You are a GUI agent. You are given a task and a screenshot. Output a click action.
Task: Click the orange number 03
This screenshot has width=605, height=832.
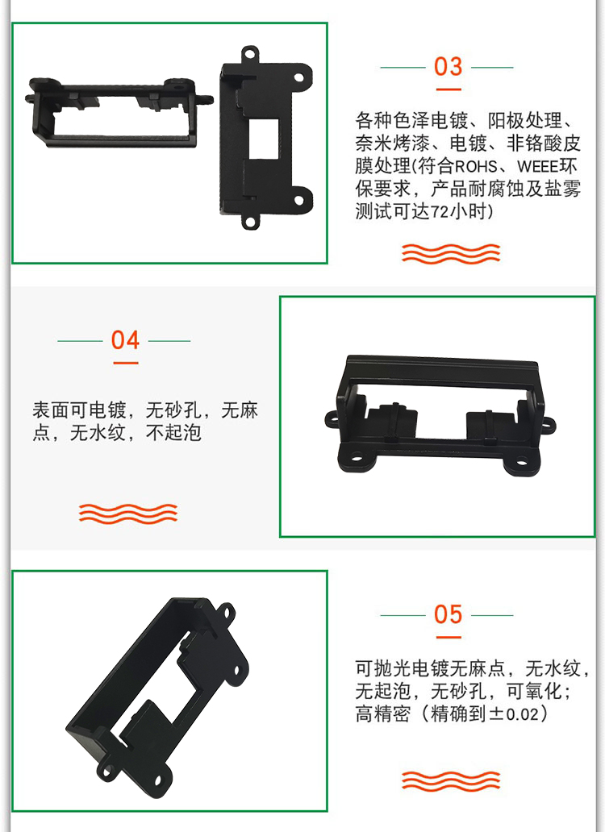[448, 67]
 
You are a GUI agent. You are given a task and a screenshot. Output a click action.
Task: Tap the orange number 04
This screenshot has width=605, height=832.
[125, 340]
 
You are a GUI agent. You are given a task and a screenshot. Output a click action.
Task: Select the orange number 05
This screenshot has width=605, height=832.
[448, 614]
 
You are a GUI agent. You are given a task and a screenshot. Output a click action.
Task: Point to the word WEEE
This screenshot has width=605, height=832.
[537, 167]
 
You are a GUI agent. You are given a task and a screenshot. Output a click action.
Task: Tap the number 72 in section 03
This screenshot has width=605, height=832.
[440, 212]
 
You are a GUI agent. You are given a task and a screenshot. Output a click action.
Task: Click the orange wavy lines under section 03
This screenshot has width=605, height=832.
[451, 254]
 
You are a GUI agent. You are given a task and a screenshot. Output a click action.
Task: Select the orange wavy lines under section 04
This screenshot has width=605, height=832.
[128, 514]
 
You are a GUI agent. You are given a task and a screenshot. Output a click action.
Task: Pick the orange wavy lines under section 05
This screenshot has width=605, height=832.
[451, 781]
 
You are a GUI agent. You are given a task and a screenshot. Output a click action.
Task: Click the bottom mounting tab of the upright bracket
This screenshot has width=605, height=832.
[251, 221]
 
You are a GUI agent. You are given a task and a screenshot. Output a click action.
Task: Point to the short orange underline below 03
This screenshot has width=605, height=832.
[449, 89]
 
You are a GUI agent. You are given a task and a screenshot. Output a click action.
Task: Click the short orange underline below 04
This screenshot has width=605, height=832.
[126, 363]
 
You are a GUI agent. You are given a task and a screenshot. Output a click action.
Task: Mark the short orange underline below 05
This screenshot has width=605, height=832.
[449, 637]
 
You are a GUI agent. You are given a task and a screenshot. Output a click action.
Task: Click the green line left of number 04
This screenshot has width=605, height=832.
[80, 341]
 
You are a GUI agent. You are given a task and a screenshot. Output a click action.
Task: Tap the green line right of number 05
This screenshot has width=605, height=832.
[493, 615]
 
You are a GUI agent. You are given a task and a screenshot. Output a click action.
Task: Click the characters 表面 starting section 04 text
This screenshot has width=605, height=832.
[51, 410]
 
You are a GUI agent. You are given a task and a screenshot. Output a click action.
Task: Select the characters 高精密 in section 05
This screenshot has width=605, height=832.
[383, 713]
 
